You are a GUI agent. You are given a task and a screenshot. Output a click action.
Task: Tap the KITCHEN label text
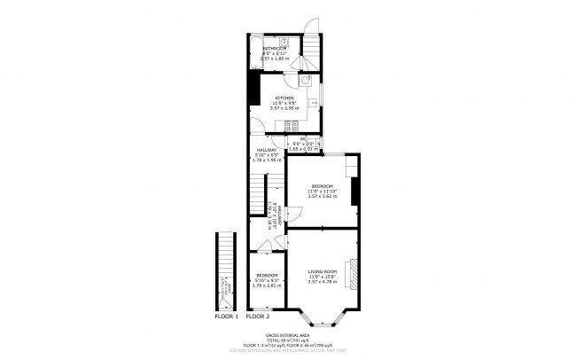(x=284, y=98)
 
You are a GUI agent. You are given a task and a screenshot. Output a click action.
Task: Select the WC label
(x=302, y=141)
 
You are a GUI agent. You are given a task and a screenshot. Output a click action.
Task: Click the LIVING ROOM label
(x=323, y=270)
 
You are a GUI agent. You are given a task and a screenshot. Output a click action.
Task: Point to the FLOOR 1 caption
(x=227, y=316)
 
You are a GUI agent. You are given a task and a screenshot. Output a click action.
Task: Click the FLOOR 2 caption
(x=258, y=316)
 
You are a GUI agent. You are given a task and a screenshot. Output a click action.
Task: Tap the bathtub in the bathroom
(x=254, y=51)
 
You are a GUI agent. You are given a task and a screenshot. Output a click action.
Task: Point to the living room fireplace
(x=354, y=274)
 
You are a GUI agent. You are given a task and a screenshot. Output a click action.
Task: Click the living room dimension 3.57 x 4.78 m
(x=323, y=281)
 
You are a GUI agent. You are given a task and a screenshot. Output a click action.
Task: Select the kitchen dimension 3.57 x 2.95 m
(x=284, y=107)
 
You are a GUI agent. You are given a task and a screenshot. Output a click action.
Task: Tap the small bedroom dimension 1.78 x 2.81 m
(x=267, y=286)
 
